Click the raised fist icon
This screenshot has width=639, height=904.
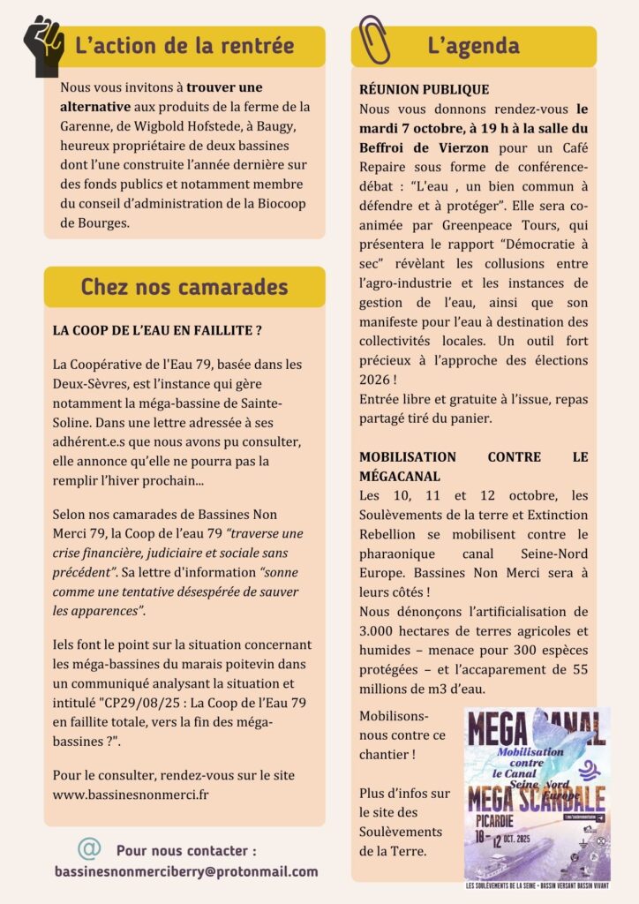tap(42, 44)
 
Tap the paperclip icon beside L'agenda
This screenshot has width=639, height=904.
tap(374, 41)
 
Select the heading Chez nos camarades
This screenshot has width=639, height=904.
tap(184, 286)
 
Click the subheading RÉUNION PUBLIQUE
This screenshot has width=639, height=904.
tap(425, 90)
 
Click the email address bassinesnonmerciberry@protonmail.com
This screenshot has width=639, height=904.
tap(186, 871)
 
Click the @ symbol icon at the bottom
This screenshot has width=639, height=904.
tap(88, 849)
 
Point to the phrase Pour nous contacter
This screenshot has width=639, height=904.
tap(186, 851)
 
